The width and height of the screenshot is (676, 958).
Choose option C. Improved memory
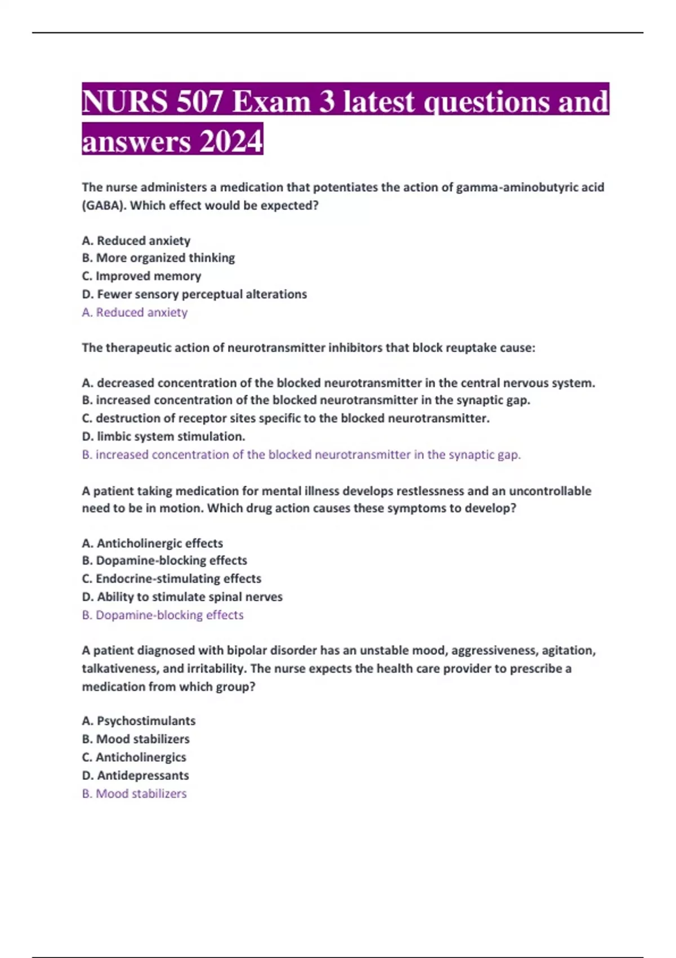(141, 276)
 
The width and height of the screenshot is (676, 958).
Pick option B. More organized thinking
(158, 258)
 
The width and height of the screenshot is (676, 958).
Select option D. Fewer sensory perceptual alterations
(194, 294)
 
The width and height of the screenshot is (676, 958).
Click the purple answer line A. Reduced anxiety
(135, 312)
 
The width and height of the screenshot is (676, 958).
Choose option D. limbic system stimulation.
(163, 436)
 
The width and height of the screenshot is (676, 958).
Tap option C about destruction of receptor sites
(286, 418)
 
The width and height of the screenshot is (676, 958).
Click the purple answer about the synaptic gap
(301, 455)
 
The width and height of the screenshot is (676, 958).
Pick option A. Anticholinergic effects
(152, 543)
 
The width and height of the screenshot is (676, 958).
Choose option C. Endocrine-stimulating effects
(171, 579)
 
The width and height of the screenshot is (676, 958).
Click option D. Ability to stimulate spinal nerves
(182, 597)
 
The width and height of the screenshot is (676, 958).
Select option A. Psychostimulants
(139, 721)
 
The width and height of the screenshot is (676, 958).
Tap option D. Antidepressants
(135, 775)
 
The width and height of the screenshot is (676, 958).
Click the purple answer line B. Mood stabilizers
(134, 793)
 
